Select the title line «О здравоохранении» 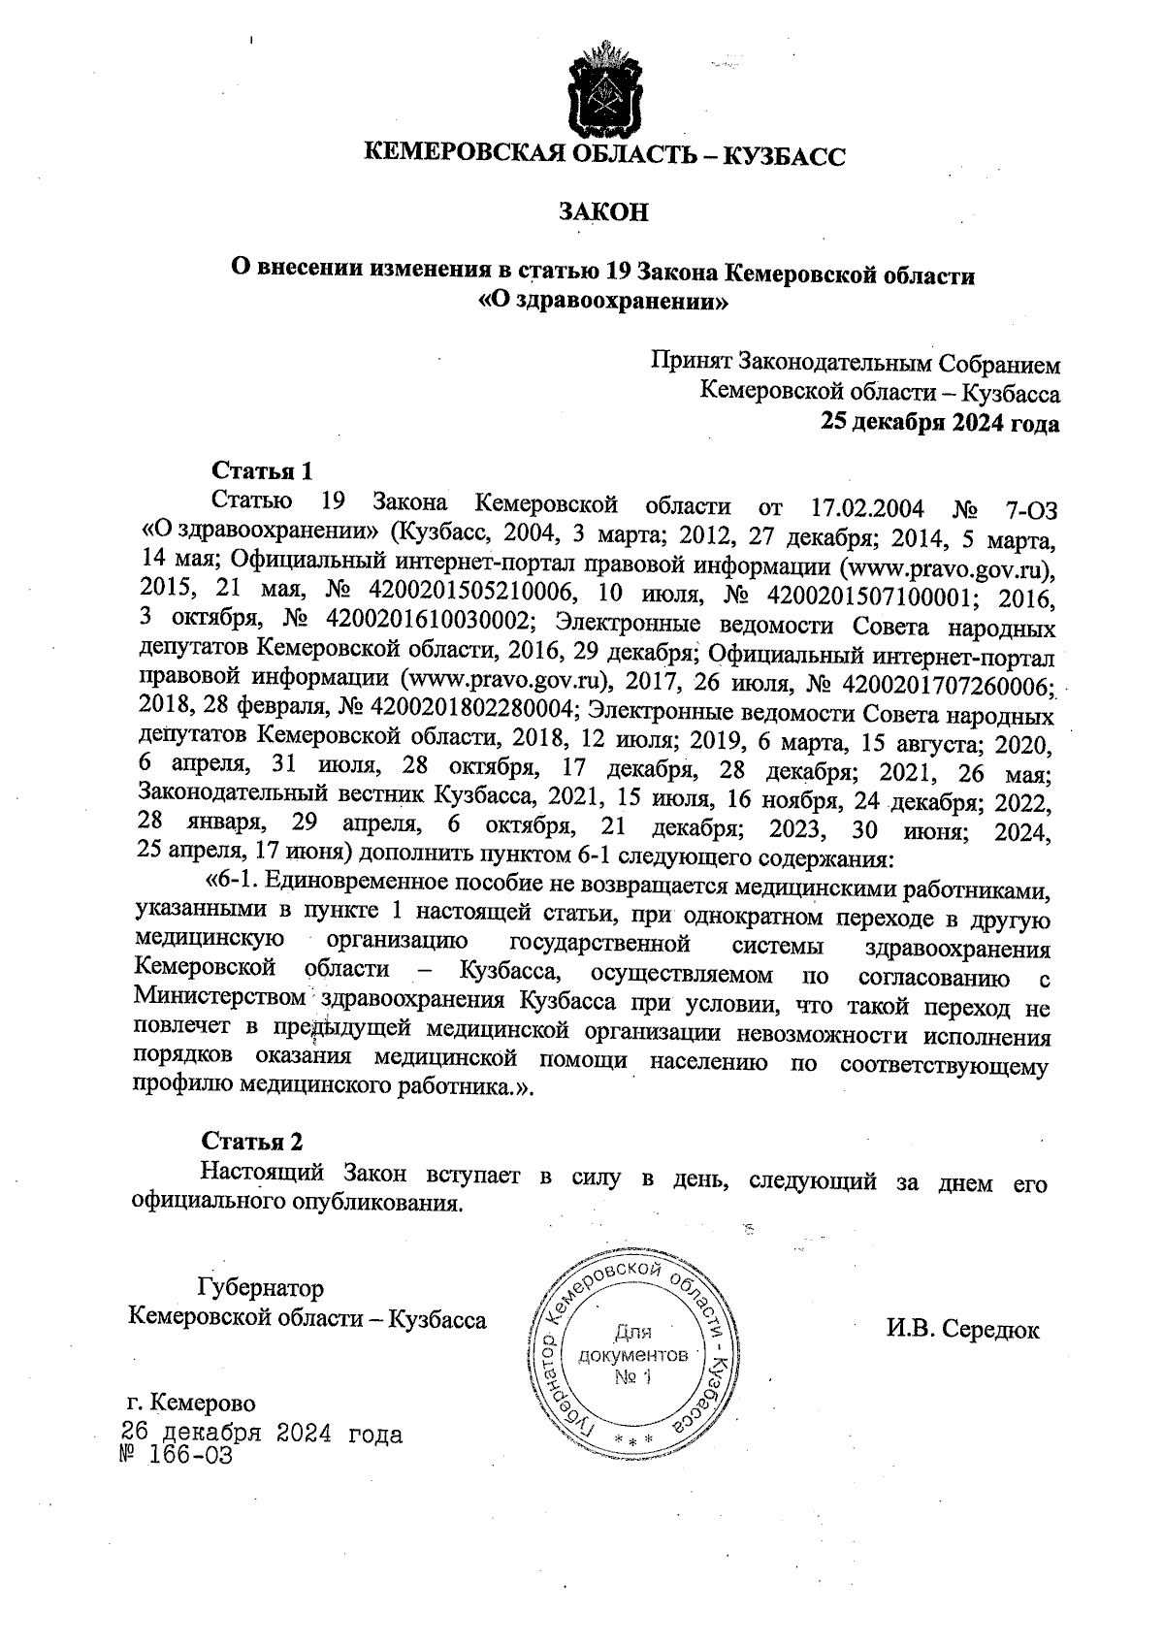[602, 303]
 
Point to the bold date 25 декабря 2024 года [940, 423]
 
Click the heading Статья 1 [263, 472]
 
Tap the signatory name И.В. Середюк [961, 1330]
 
